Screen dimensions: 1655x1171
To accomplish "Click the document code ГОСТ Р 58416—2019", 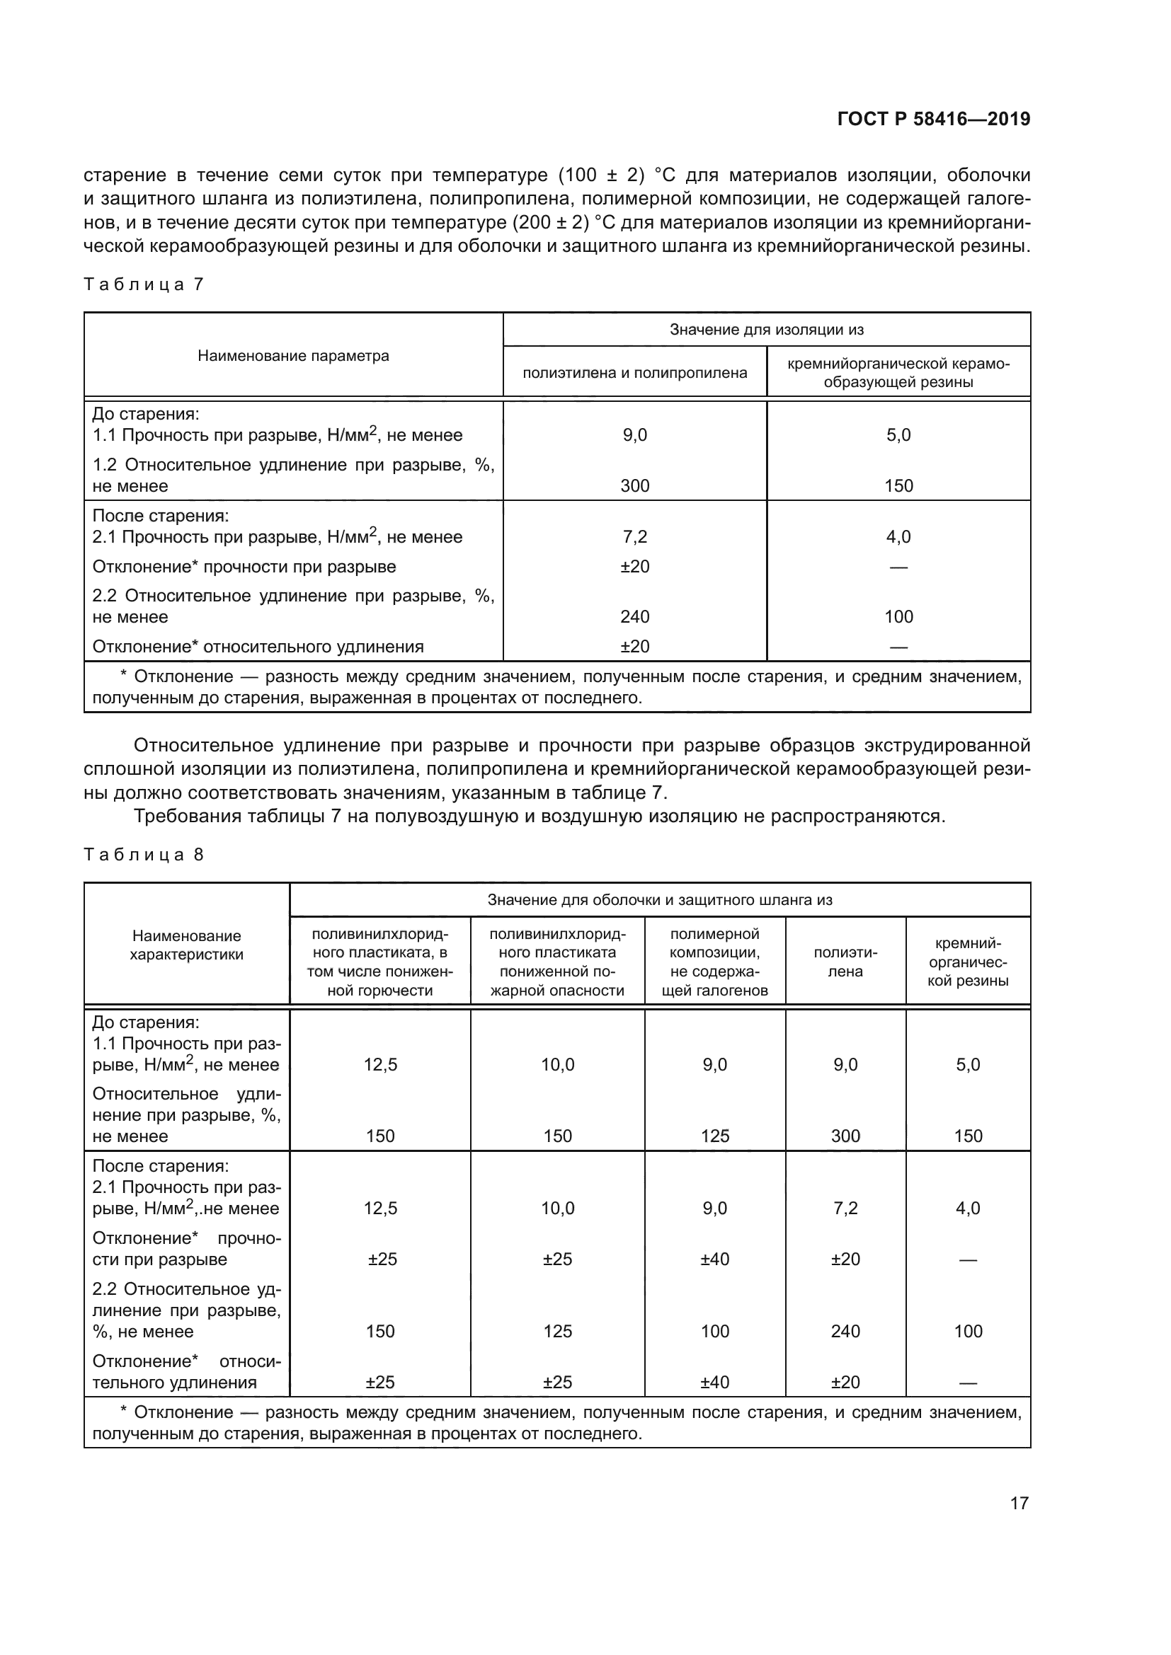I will (933, 119).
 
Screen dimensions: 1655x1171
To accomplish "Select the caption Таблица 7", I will (144, 284).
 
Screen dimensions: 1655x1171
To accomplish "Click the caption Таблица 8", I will (144, 854).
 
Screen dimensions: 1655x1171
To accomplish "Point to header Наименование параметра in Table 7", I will (293, 355).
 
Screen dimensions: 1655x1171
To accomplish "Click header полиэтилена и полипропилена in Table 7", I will (634, 373).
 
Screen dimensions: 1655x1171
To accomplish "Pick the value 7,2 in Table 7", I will (634, 537).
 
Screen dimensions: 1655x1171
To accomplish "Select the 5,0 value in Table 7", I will (898, 434).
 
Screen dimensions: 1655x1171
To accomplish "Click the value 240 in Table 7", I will (634, 616).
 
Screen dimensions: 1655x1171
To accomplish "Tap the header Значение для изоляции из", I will (766, 330).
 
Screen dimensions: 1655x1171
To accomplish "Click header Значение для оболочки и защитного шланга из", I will (659, 899).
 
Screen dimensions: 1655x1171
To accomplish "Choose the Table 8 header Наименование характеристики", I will (187, 945).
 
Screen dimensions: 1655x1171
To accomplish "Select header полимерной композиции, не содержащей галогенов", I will (714, 962).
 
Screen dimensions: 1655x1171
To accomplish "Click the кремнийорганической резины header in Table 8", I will (968, 962).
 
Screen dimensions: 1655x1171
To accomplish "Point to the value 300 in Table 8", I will (845, 1136).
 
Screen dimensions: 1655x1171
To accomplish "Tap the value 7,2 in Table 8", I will (845, 1208).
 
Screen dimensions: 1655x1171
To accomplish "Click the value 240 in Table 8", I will (845, 1332).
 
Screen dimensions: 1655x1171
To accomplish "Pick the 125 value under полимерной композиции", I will (714, 1136).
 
